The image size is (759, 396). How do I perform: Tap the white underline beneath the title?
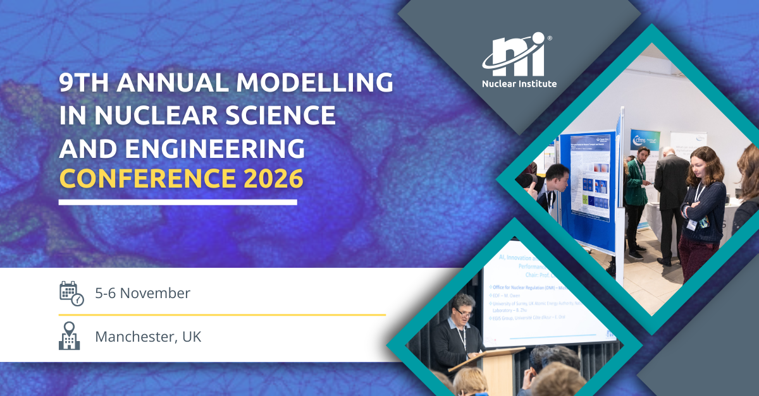tap(178, 203)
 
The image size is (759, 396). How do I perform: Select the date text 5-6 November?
tap(142, 294)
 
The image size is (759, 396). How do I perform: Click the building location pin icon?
tap(70, 336)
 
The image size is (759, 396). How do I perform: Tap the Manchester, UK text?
tap(148, 337)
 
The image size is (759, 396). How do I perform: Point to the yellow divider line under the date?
tap(221, 314)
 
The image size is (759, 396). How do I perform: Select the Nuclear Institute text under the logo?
tap(519, 83)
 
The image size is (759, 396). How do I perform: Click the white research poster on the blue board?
tap(590, 177)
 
